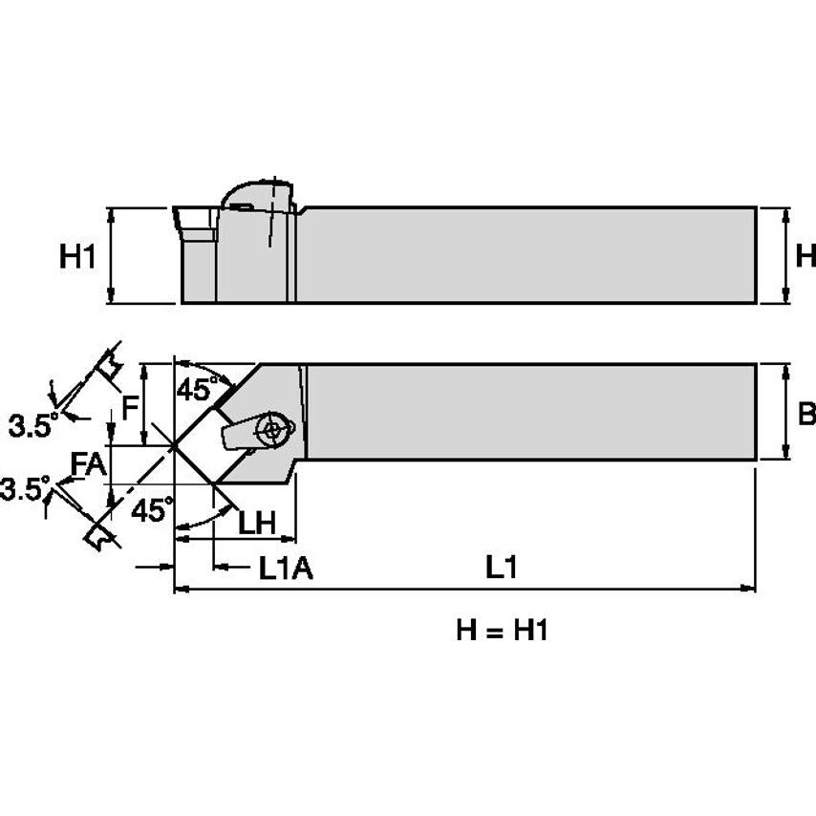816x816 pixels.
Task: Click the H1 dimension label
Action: [78, 256]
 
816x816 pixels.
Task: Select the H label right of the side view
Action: [805, 256]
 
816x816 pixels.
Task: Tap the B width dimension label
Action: [805, 414]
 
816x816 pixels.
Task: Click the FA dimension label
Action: [89, 464]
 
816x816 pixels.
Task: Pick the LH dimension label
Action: [256, 523]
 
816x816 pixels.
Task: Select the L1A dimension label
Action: [286, 569]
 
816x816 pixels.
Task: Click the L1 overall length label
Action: [501, 569]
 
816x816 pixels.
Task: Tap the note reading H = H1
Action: [502, 631]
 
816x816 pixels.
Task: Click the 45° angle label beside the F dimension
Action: [196, 390]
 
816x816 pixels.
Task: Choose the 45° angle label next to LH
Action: [153, 509]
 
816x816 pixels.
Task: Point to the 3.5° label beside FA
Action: [23, 491]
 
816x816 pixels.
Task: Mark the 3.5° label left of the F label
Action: [32, 427]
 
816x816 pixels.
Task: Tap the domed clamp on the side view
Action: [256, 195]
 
